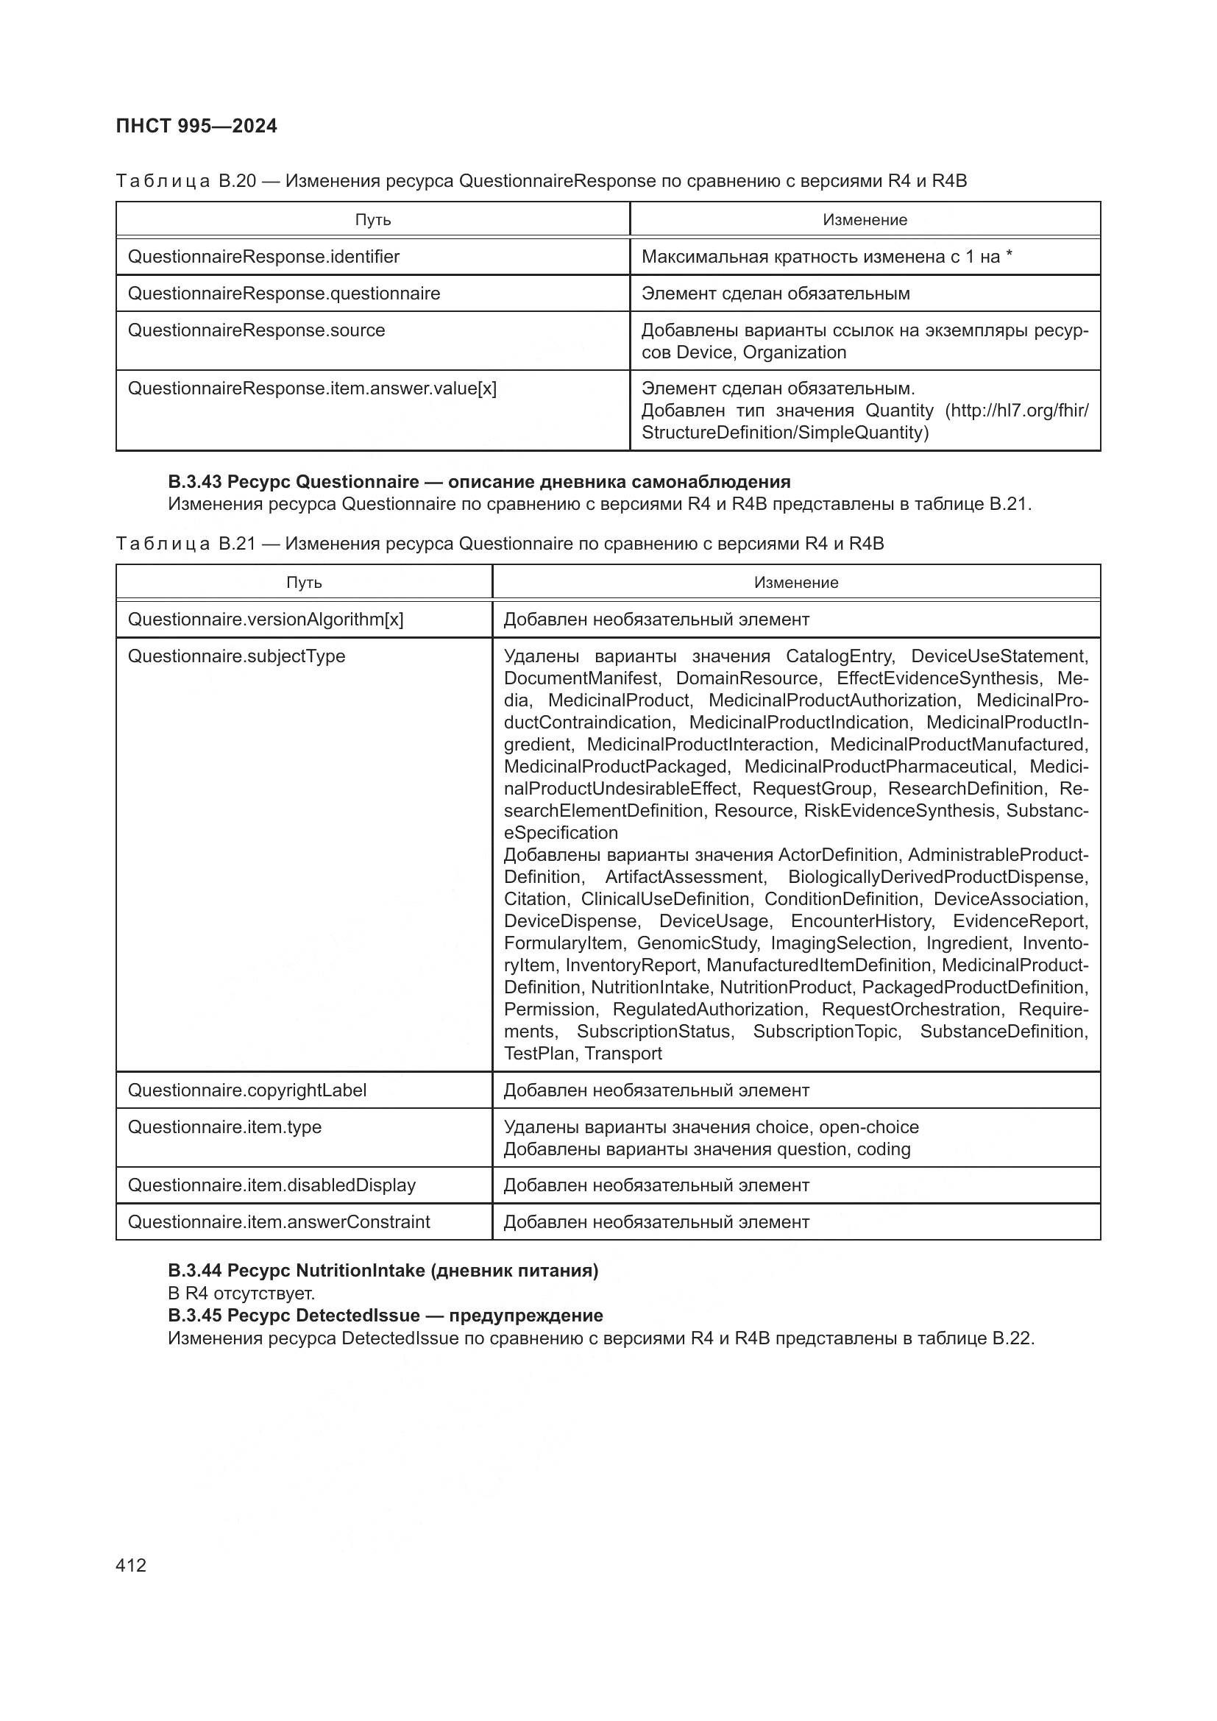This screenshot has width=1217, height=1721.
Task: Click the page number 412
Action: tap(131, 1565)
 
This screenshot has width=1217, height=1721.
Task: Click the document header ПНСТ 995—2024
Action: tap(196, 126)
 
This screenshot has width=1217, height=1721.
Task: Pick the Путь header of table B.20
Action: tap(372, 219)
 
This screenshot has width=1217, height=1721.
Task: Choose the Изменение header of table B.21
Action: tap(796, 583)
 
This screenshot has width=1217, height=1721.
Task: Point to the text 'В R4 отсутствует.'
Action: tap(241, 1293)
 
